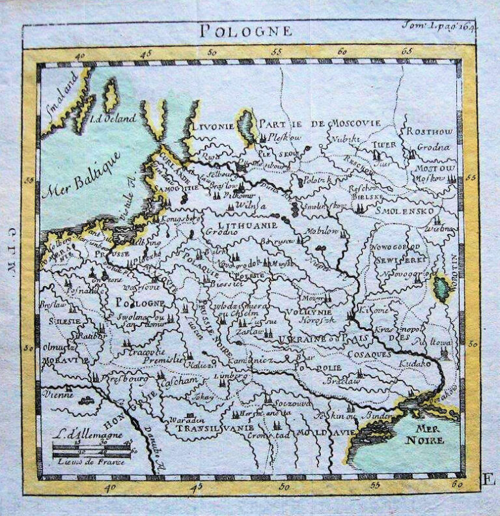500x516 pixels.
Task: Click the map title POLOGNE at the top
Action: tap(245, 31)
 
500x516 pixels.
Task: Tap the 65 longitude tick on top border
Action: tap(408, 50)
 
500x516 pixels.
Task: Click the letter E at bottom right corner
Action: tap(486, 481)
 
